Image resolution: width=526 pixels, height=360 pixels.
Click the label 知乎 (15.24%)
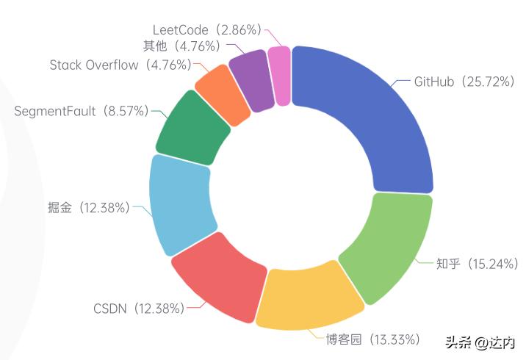click(x=478, y=263)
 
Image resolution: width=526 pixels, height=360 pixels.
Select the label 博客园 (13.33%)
click(x=373, y=339)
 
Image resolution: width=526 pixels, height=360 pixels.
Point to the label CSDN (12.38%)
click(x=139, y=308)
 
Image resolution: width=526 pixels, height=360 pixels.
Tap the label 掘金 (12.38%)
click(x=84, y=208)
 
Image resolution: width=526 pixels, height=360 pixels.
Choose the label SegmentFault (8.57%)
click(x=81, y=111)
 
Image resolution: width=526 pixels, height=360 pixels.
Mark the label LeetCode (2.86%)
click(x=206, y=30)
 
